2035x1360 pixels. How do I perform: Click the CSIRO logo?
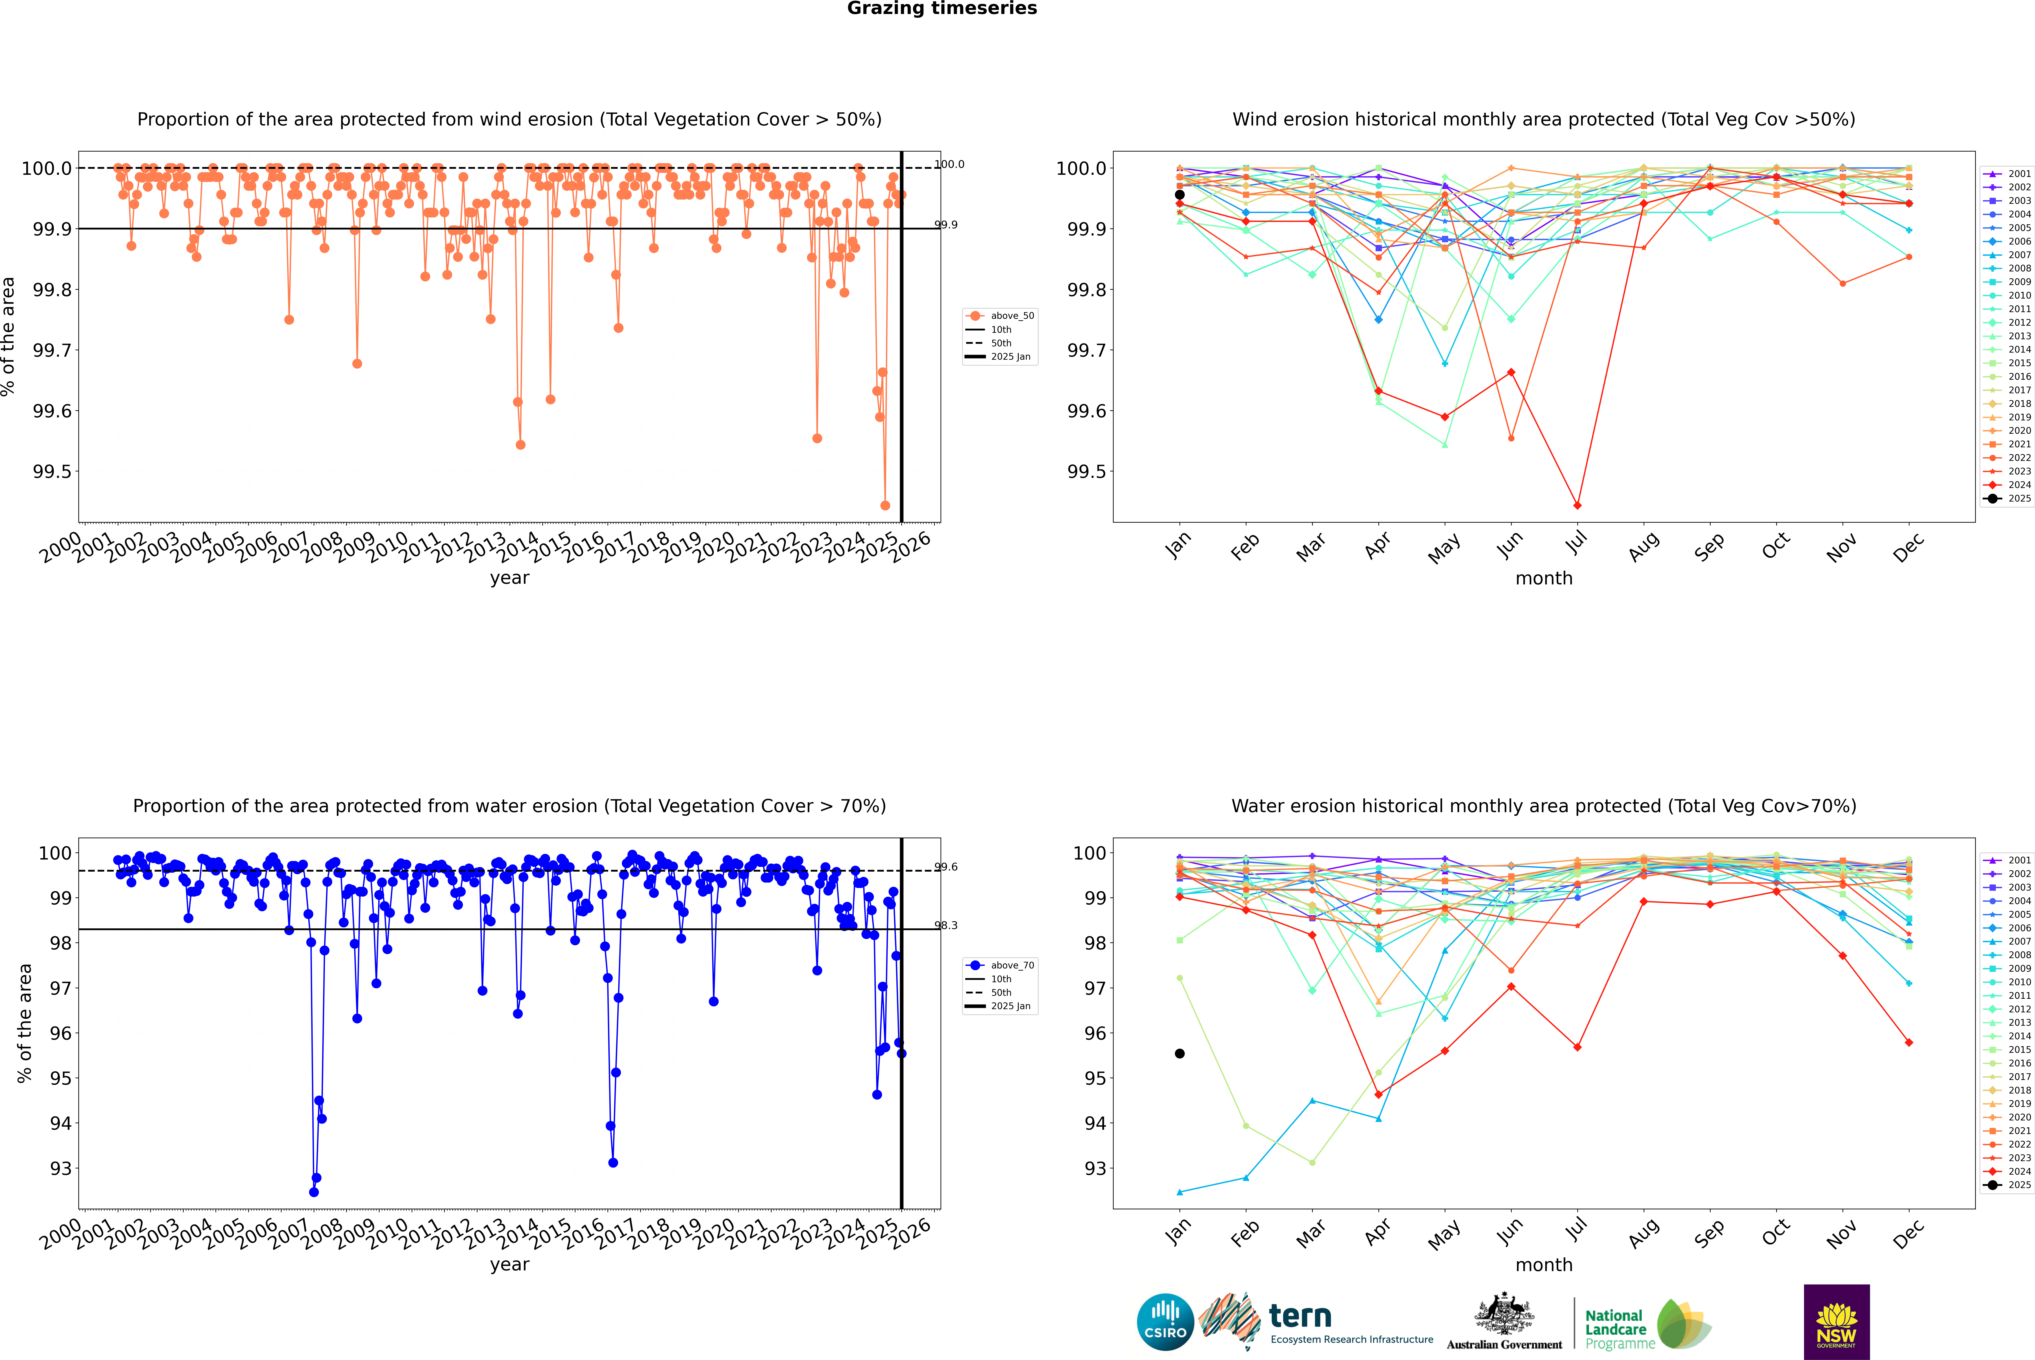click(1165, 1322)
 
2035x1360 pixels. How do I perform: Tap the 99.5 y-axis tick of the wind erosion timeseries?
click(52, 472)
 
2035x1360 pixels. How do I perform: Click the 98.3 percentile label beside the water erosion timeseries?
click(945, 925)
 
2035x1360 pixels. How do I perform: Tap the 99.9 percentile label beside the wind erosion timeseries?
click(945, 225)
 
